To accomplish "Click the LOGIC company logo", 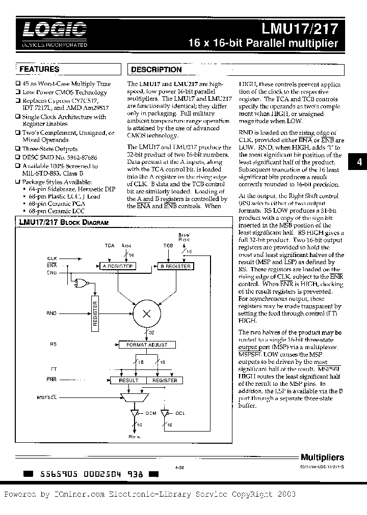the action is point(50,31).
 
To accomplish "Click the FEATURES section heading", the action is point(39,69).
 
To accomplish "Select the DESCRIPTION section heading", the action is point(156,70).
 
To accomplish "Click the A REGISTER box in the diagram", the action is point(117,266).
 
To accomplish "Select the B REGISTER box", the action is point(175,266).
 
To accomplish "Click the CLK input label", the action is point(53,259).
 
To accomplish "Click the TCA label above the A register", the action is point(109,245).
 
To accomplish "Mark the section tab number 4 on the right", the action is point(359,162).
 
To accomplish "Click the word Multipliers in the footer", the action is point(322,457).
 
